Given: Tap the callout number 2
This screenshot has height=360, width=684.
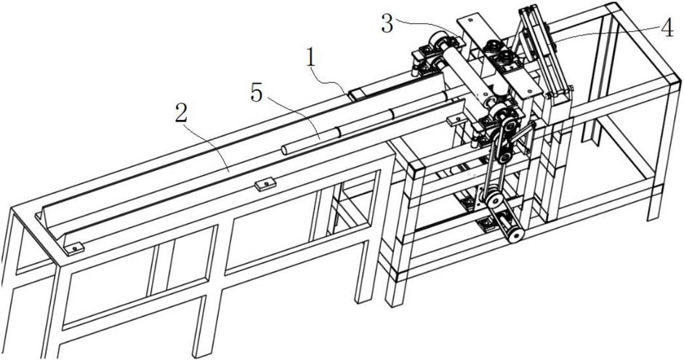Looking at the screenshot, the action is (180, 114).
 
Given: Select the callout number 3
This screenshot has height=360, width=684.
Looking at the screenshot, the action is (387, 24).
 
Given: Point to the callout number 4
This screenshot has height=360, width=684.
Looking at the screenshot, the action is (667, 29).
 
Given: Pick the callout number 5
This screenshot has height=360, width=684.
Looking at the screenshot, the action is (257, 93).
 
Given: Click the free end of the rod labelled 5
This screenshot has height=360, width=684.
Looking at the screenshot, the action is (284, 151).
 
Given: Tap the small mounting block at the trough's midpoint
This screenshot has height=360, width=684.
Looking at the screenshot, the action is (265, 184).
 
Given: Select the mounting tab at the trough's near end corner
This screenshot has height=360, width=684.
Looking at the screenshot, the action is (73, 248).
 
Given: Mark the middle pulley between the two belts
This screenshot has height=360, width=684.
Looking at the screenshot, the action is (494, 200).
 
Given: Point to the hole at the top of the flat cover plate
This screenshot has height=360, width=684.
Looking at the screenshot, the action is (470, 19).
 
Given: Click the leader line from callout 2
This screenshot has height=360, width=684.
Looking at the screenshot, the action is (206, 145).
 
